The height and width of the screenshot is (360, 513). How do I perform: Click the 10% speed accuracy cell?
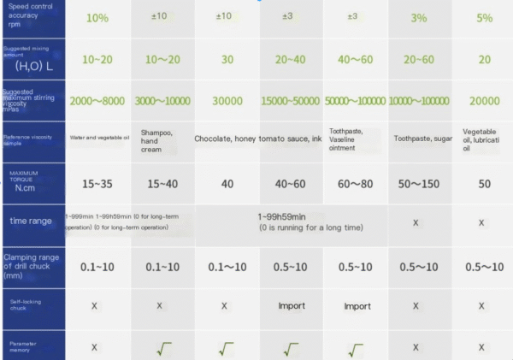97,18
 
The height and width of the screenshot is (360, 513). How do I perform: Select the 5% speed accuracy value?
485,18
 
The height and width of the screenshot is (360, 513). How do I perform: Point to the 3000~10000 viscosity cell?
162,100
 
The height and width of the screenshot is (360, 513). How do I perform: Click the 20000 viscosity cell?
485,100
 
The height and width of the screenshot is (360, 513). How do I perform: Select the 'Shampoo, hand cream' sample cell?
157,140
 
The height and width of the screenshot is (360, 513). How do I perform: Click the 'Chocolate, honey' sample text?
224,139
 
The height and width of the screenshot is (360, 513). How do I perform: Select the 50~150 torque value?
418,183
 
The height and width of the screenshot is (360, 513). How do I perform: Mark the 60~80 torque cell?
353,183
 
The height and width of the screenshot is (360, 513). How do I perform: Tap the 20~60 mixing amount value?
418,59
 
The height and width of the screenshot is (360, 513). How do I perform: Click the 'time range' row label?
27,221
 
